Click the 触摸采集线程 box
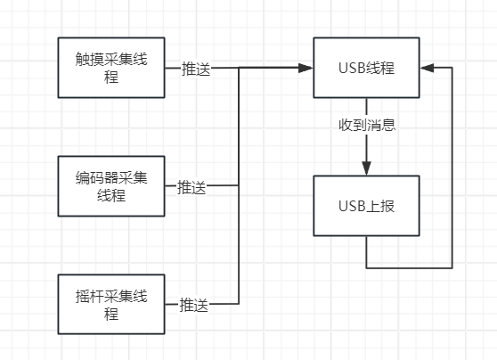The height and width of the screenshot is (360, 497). (111, 68)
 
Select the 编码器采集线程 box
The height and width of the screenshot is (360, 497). (111, 186)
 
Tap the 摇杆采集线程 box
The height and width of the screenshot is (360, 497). (111, 304)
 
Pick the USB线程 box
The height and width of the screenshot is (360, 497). (367, 68)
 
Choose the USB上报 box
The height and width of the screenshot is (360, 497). (367, 206)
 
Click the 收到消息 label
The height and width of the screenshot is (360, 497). (367, 125)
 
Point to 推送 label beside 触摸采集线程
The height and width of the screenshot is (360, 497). (196, 69)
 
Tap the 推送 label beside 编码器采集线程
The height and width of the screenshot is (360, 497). (191, 187)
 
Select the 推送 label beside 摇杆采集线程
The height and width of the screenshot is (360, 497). (193, 305)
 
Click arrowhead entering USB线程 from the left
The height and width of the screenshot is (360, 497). (306, 68)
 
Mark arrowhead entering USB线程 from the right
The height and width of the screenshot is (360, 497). (428, 68)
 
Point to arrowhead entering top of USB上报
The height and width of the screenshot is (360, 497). (367, 168)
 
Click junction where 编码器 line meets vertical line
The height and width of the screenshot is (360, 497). (239, 185)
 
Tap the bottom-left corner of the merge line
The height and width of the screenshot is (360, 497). (239, 304)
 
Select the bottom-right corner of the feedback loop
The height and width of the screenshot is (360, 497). (452, 268)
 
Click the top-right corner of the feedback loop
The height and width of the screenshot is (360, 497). (452, 68)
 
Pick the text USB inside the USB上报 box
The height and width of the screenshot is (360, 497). (352, 206)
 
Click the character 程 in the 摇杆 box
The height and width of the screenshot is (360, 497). (111, 314)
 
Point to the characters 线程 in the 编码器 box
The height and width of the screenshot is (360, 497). (111, 195)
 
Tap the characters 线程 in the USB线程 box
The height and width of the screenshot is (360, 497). (380, 68)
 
